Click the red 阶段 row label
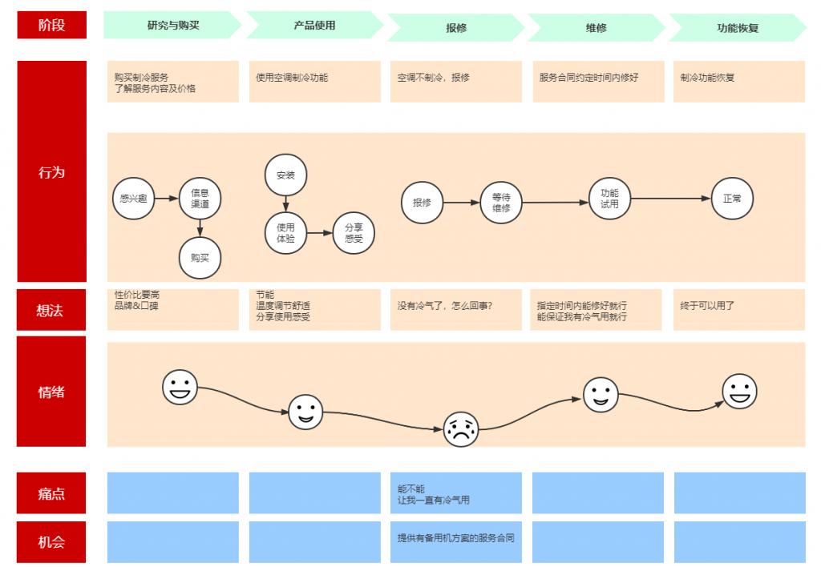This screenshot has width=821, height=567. coord(52,25)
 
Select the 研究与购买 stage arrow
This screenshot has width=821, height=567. coord(172,25)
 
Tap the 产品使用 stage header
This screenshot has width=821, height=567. coord(314,25)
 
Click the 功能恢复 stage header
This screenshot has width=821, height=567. coord(738,28)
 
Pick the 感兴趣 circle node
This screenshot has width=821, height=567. coord(134,199)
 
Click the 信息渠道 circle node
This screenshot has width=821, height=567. coord(200,199)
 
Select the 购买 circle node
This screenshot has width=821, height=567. coord(200,258)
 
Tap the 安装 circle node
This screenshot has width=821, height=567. coord(286,175)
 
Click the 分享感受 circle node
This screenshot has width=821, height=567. coord(354,233)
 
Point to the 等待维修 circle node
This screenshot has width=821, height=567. coord(501,203)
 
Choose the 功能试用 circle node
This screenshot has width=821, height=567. coord(609,199)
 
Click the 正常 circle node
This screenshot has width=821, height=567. coord(732,199)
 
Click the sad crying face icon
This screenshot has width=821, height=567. coord(461,429)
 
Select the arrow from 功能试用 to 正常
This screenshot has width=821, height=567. coord(671,199)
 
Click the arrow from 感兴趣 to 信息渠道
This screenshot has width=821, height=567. coord(167,199)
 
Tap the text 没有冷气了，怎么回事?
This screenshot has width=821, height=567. coord(444,305)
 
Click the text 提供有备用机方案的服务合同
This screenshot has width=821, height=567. coord(455,537)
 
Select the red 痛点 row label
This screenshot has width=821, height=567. coord(51,493)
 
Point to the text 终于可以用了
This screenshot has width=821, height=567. coord(707,305)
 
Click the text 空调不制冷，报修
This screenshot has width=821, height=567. coord(433,78)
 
